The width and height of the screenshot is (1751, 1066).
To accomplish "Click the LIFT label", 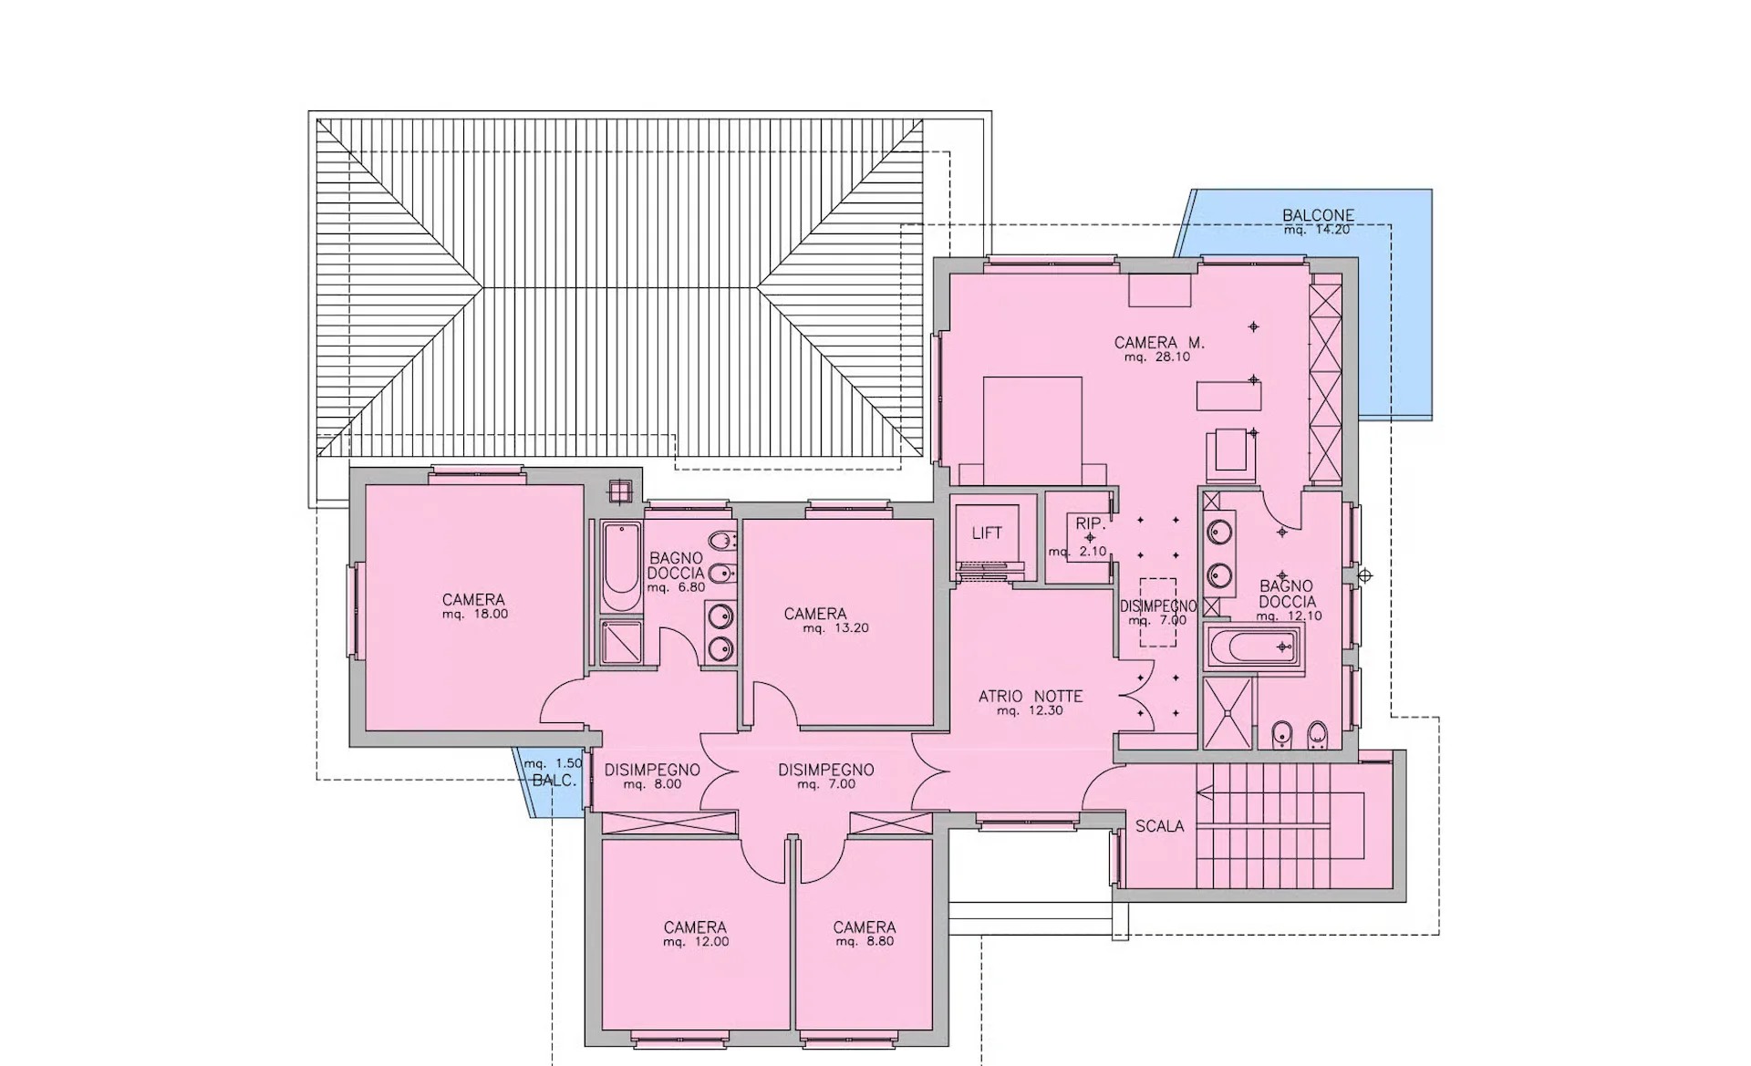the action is click(x=987, y=533).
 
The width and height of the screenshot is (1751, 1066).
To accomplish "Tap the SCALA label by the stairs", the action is click(x=1159, y=826).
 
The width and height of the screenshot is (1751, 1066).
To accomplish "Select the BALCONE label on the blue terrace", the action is click(x=1318, y=215).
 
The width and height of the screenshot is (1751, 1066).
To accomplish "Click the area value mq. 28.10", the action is click(x=1157, y=357).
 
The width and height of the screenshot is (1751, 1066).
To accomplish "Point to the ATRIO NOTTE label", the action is click(x=1031, y=697).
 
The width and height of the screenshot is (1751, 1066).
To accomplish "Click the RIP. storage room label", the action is click(x=1090, y=523).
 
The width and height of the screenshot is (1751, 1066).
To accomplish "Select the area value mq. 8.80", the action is click(x=865, y=942).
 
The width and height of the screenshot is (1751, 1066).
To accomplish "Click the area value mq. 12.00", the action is click(x=696, y=942).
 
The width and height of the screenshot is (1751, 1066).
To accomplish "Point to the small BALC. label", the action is click(x=554, y=781).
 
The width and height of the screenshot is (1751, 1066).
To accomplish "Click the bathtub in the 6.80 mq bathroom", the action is click(x=621, y=568).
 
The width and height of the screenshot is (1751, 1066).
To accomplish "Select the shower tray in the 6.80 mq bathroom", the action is click(x=621, y=643).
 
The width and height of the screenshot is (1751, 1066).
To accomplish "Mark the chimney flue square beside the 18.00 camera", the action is click(x=620, y=491).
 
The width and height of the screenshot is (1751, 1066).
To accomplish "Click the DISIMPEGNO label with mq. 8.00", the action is click(x=652, y=771).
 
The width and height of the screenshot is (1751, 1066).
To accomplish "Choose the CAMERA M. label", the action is click(x=1159, y=343).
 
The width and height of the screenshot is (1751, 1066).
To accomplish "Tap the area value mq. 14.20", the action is click(x=1317, y=230).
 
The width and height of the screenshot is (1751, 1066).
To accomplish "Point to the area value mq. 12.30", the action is click(x=1030, y=711).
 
